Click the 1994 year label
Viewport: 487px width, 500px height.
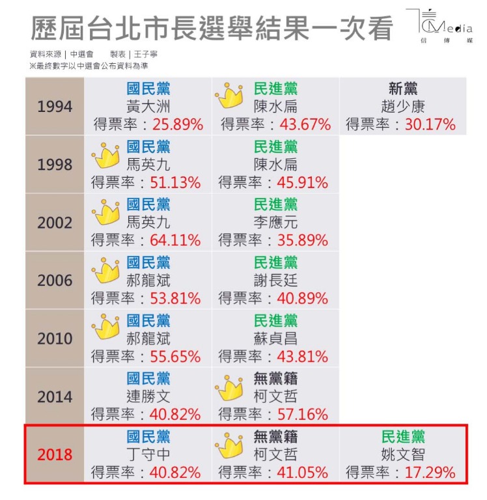pos(55,106)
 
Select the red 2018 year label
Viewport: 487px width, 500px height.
pos(55,454)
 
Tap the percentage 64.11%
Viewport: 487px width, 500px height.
pos(175,240)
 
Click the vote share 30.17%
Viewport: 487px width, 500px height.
pos(430,124)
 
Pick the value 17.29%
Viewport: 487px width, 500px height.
pos(430,473)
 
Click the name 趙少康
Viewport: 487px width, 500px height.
pos(403,106)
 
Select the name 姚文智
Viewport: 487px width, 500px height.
pos(403,454)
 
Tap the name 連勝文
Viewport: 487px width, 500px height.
pos(148,396)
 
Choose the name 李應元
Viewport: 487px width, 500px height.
pos(275,223)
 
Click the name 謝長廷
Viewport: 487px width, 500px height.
pos(275,281)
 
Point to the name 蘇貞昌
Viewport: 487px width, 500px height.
pos(275,339)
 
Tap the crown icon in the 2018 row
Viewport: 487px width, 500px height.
pos(229,445)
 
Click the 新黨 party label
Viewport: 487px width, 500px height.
pos(403,89)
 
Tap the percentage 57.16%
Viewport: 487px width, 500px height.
pos(303,415)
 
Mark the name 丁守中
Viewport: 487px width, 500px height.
pos(148,454)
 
